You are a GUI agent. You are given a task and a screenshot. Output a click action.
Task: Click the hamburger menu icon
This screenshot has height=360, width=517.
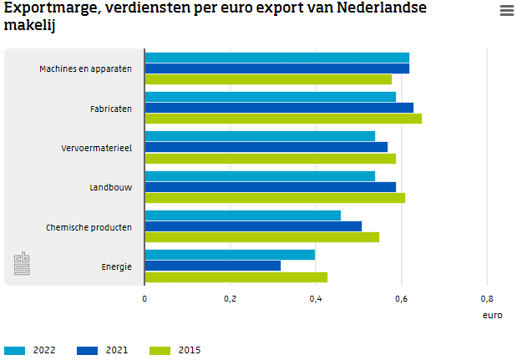coord(506,11)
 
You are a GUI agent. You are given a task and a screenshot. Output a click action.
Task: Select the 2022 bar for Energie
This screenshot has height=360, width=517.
coord(230,255)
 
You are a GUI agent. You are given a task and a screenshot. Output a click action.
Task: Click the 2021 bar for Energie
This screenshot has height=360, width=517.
coord(212,266)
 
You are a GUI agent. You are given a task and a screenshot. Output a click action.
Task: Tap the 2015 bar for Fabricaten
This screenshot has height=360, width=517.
coord(283,119)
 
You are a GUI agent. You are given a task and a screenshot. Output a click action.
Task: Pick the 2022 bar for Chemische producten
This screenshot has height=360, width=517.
coord(242,215)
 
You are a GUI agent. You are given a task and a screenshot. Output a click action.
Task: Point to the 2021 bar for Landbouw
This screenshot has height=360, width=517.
coord(270,187)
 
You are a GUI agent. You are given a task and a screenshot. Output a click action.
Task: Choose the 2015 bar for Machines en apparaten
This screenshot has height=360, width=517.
coord(268,79)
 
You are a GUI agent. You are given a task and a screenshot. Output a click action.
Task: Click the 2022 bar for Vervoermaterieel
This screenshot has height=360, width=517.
coord(260,136)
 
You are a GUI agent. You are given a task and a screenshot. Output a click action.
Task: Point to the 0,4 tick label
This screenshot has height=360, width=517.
coord(316,298)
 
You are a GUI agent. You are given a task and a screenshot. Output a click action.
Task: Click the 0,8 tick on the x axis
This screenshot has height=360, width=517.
coord(487,298)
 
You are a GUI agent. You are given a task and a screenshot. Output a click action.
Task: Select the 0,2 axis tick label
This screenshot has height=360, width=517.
coord(230,298)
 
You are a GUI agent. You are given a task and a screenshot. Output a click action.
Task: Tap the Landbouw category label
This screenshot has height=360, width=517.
coord(110,187)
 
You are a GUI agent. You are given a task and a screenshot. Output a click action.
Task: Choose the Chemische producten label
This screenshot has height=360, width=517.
coord(89,227)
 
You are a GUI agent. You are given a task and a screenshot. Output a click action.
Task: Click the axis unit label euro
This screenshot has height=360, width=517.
coord(492,316)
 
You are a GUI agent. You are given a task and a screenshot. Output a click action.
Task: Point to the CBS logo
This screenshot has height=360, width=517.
coord(22,264)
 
